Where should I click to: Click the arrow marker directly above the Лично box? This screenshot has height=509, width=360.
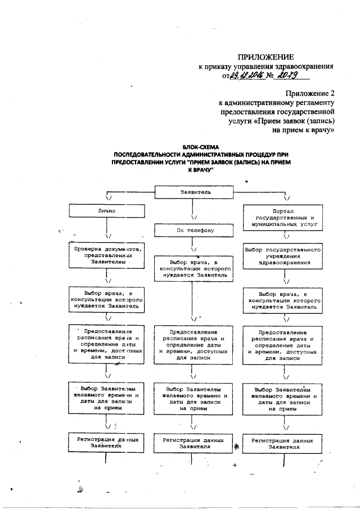pos(108,198)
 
